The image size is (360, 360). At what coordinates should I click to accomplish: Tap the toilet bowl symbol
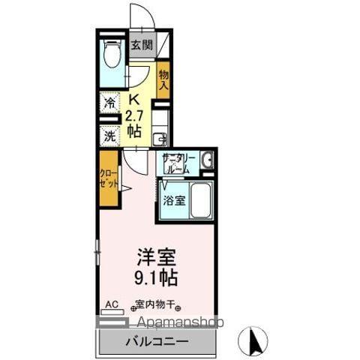click(112, 55)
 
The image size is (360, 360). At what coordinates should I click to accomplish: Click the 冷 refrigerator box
click(110, 103)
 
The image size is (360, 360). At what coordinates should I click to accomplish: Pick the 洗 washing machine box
click(110, 136)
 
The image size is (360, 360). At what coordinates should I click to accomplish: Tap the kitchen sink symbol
click(160, 138)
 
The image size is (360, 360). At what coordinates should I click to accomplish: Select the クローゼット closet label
click(109, 178)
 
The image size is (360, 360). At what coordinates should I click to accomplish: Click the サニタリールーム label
click(178, 163)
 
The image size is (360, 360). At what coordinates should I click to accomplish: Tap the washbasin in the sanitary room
click(207, 160)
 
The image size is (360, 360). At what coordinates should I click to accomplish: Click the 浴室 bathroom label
click(173, 200)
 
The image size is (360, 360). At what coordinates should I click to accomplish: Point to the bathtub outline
click(200, 200)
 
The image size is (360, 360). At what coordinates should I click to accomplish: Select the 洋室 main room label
click(156, 257)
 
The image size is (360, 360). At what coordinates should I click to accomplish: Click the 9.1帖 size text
click(156, 278)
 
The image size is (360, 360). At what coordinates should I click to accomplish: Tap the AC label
click(111, 304)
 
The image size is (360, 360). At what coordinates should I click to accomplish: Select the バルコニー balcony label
click(156, 341)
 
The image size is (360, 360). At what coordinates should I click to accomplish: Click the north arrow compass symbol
click(253, 341)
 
